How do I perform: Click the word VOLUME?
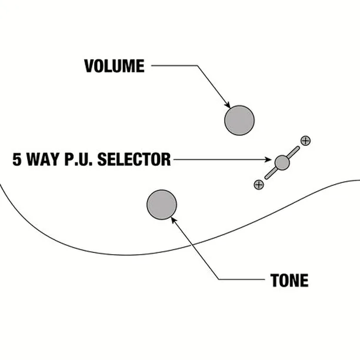tap(114, 66)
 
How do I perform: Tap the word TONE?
tap(289, 281)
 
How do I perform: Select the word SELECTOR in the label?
tap(134, 159)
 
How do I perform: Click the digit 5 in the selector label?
tap(16, 159)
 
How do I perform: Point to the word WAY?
tap(43, 159)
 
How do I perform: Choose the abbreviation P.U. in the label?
tap(78, 159)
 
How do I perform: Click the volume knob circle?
tap(239, 121)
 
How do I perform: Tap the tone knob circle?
tap(162, 205)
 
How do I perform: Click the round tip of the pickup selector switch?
tap(282, 162)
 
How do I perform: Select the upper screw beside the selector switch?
tap(305, 141)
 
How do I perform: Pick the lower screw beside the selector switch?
tap(259, 184)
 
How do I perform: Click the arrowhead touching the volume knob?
tap(228, 105)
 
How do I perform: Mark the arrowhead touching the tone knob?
tap(174, 220)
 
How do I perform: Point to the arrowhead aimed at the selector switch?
tap(268, 159)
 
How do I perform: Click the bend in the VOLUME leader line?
tap(197, 66)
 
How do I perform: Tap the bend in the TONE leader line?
tap(219, 279)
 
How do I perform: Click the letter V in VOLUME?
tap(89, 66)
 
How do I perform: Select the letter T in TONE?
tap(274, 281)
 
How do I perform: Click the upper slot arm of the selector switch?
tap(294, 152)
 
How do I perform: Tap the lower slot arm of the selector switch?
tap(271, 173)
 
